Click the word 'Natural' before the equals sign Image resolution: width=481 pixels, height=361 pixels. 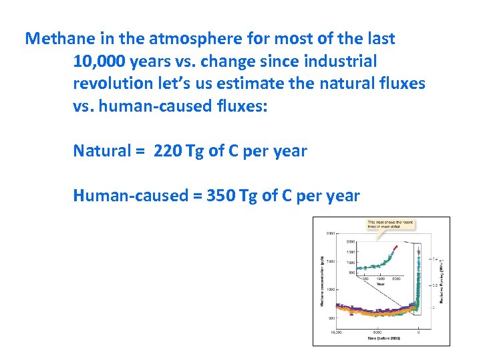(x=102, y=150)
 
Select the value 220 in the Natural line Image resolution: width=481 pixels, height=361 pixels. (x=167, y=150)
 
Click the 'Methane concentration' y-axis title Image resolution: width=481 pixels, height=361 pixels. (x=323, y=281)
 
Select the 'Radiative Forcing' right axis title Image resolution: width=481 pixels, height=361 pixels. (x=442, y=281)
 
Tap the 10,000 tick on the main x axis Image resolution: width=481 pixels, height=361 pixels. (x=337, y=332)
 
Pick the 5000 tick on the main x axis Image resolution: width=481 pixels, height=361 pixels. (x=377, y=332)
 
